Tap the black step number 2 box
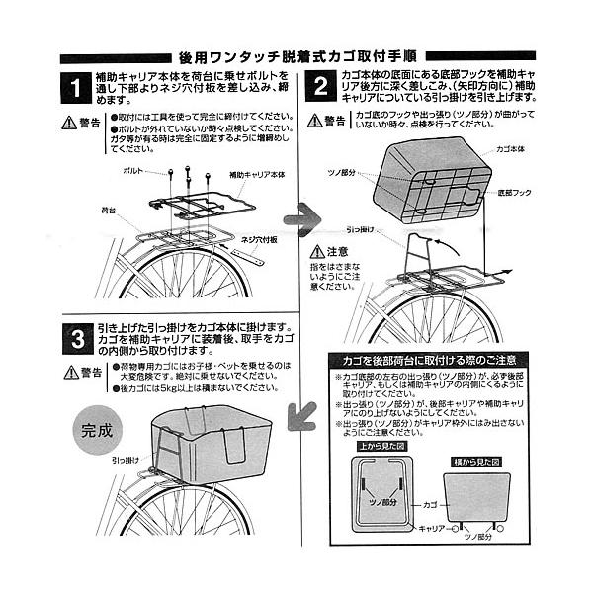pyautogui.click(x=319, y=88)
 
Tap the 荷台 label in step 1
pyautogui.click(x=109, y=211)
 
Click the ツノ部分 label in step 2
pyautogui.click(x=342, y=172)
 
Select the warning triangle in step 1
pyautogui.click(x=68, y=123)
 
